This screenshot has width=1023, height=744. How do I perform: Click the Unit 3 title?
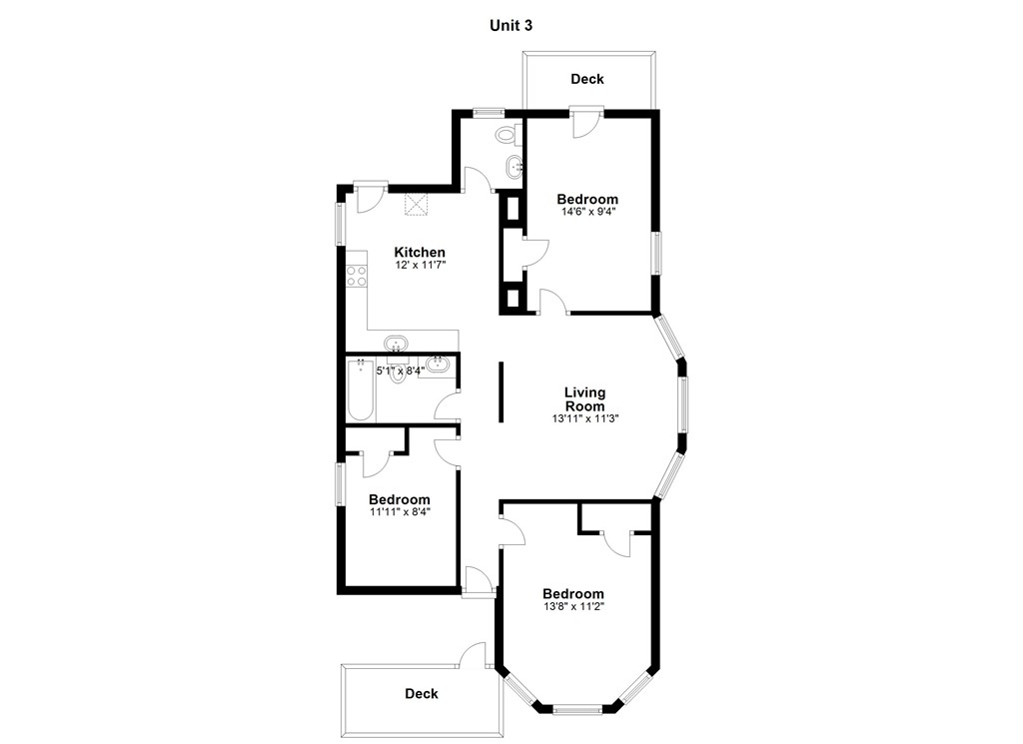point(511,26)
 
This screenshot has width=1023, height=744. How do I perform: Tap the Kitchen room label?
point(420,252)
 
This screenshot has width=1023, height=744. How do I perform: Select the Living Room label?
point(584,399)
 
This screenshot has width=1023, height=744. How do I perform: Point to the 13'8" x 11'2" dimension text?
point(573,606)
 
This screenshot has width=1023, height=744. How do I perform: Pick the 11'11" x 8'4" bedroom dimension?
point(399,512)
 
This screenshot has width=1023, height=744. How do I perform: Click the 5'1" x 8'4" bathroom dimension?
point(399,370)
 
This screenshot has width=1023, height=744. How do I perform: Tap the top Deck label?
point(587,79)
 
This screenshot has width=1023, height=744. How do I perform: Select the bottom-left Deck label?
point(421,693)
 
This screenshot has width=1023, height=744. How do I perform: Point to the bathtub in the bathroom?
point(360,390)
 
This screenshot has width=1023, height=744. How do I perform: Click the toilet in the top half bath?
point(507,134)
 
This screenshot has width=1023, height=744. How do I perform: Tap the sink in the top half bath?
point(514,167)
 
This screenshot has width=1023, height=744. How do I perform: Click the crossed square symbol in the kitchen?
point(416,204)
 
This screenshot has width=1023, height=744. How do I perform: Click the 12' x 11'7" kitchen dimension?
point(420,266)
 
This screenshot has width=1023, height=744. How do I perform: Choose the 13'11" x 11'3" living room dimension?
point(584,419)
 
